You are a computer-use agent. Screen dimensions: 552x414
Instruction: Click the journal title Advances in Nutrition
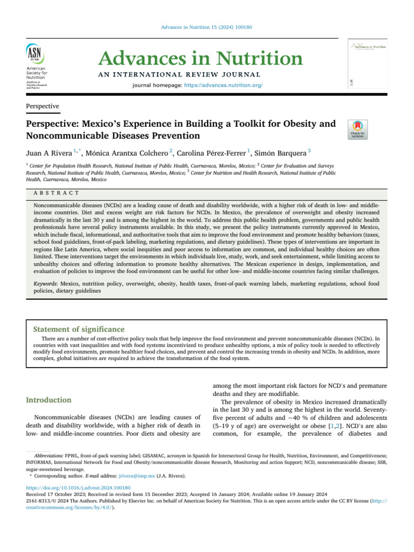click(x=201, y=58)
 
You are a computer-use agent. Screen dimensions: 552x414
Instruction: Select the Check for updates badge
click(x=357, y=129)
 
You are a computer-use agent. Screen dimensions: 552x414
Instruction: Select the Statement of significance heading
click(x=79, y=329)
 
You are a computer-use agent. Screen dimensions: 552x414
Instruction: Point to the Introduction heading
click(x=49, y=400)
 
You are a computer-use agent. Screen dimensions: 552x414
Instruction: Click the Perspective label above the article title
click(x=43, y=107)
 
